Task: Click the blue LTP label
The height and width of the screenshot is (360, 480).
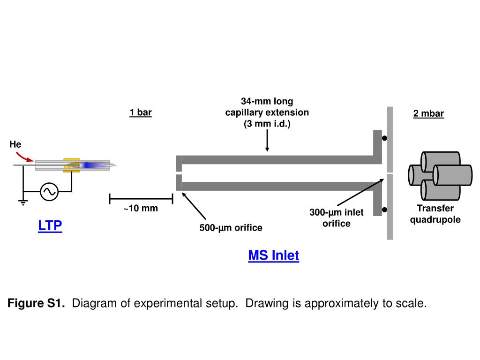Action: click(x=50, y=225)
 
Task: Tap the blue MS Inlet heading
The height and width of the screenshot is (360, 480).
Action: click(x=273, y=255)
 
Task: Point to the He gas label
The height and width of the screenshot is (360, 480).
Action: click(x=15, y=144)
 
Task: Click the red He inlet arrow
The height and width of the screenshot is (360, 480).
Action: click(x=24, y=156)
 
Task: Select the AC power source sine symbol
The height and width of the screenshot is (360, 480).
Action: click(x=49, y=192)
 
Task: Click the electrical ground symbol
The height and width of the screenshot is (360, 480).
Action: click(x=23, y=202)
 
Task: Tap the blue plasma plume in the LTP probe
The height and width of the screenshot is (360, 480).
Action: click(x=92, y=165)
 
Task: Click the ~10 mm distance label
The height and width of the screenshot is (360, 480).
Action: click(x=141, y=209)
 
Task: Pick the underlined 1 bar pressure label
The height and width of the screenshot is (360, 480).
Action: click(x=141, y=112)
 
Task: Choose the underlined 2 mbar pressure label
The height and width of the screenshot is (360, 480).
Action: click(x=428, y=113)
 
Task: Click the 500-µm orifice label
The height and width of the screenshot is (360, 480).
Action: click(x=231, y=228)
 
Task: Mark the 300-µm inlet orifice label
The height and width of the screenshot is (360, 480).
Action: click(x=337, y=217)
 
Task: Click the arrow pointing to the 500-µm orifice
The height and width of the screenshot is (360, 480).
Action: click(x=194, y=206)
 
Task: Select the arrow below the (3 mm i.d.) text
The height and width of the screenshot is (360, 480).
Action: click(x=267, y=140)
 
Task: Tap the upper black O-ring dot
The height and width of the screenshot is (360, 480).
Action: click(x=384, y=138)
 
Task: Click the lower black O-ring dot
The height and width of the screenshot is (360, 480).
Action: click(x=384, y=210)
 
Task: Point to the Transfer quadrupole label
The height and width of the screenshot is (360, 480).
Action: click(x=435, y=214)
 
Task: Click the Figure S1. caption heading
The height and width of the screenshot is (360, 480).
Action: click(x=36, y=303)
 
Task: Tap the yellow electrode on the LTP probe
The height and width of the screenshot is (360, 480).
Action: click(x=72, y=165)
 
